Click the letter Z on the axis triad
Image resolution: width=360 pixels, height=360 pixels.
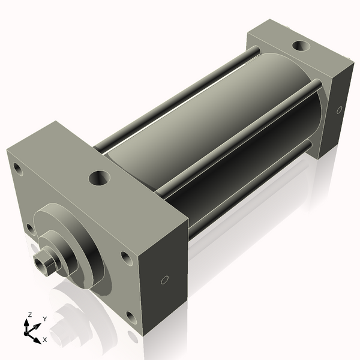[x=29, y=314]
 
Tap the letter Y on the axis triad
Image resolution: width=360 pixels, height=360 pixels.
[x=45, y=319]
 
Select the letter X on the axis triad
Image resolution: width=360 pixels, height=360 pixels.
[x=45, y=340]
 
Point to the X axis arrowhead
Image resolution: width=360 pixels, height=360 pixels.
[x=37, y=340]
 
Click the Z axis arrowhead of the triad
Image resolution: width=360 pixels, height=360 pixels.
[x=26, y=323]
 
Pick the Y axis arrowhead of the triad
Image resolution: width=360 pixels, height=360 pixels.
[x=38, y=326]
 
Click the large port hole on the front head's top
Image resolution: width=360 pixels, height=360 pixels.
[x=100, y=178]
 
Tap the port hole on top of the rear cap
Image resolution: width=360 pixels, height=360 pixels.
[x=301, y=45]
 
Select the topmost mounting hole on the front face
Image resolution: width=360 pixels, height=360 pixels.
[x=18, y=169]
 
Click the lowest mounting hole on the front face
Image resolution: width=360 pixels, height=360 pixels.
[x=131, y=317]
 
